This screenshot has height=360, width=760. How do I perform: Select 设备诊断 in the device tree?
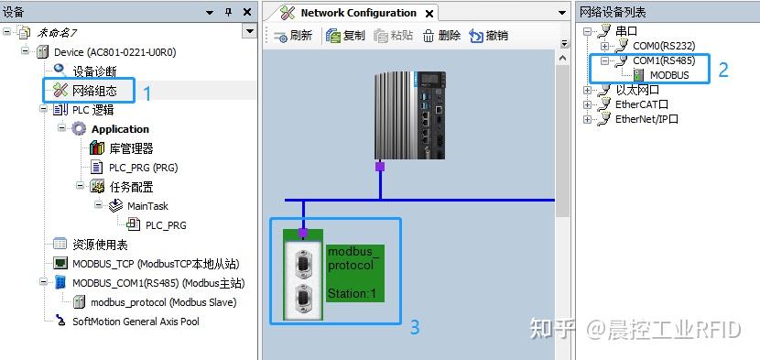(x=94, y=71)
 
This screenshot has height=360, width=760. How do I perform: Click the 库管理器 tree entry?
(x=131, y=148)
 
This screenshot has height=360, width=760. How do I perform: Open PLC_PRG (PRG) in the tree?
(x=143, y=168)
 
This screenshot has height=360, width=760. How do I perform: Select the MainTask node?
(x=147, y=206)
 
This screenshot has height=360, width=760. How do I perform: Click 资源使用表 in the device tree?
(x=100, y=245)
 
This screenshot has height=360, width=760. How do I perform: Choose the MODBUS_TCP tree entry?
(x=153, y=264)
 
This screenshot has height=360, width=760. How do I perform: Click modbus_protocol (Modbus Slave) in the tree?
(x=163, y=302)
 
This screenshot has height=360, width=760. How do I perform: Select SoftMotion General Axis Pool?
(x=136, y=322)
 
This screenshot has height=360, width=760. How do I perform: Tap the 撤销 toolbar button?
(x=488, y=36)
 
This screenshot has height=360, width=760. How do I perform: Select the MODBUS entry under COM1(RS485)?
(x=668, y=75)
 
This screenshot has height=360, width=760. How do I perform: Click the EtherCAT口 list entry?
(x=641, y=104)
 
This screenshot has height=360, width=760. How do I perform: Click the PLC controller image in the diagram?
(x=413, y=115)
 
